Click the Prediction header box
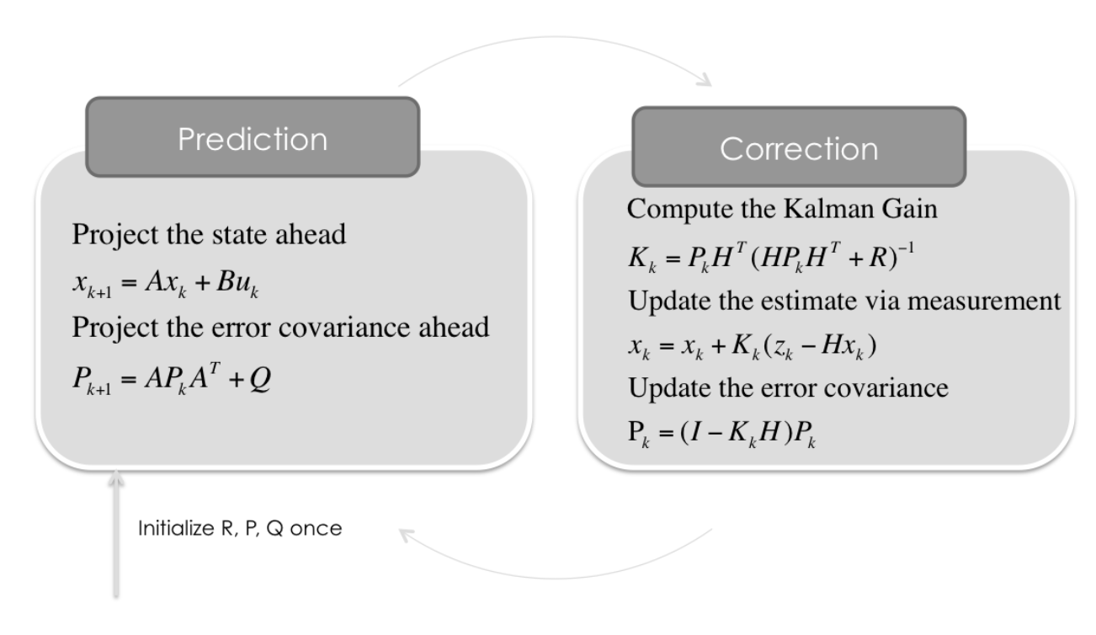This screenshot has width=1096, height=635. pos(253,137)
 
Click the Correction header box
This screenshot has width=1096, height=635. pos(799,147)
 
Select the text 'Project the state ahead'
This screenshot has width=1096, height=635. pos(209,234)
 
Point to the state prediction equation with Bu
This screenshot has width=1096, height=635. pos(165,284)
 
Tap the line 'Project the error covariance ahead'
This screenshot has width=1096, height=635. pos(280,327)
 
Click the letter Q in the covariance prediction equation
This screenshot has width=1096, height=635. pos(260,378)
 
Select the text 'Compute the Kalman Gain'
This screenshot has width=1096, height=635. pos(782,209)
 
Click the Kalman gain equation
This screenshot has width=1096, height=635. pos(771,257)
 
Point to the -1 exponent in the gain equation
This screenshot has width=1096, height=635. pos(906,248)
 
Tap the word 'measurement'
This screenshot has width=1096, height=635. pos(984,301)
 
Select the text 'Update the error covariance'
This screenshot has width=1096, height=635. pos(788,388)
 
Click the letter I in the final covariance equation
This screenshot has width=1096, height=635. pos(696,432)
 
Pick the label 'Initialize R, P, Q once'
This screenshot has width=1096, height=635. pos(240,528)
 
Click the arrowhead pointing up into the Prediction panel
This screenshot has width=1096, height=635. pos(116,478)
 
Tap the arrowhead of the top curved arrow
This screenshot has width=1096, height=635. pos(705,80)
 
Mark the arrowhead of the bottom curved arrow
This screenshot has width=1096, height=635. pos(407,535)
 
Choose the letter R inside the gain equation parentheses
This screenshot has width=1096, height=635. pos(878,257)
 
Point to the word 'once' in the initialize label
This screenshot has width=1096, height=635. pos(316,529)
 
